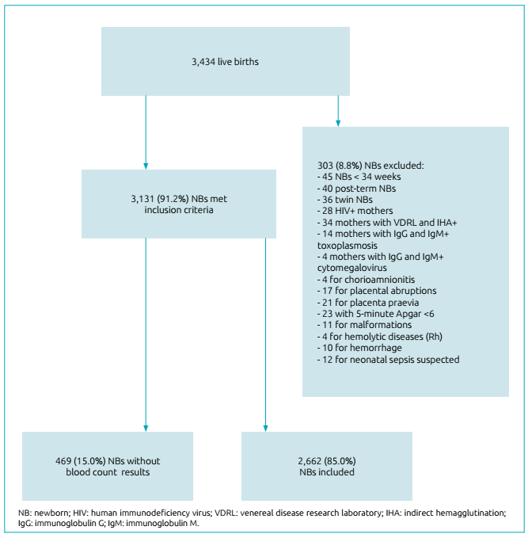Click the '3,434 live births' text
click(225, 61)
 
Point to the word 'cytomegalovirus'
click(348, 269)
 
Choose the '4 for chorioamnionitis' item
click(365, 280)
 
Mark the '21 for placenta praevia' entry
click(365, 303)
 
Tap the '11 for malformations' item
click(360, 326)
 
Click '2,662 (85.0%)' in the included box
click(326, 460)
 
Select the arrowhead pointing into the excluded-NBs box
click(338, 123)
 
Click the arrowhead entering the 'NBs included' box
click(265, 428)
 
